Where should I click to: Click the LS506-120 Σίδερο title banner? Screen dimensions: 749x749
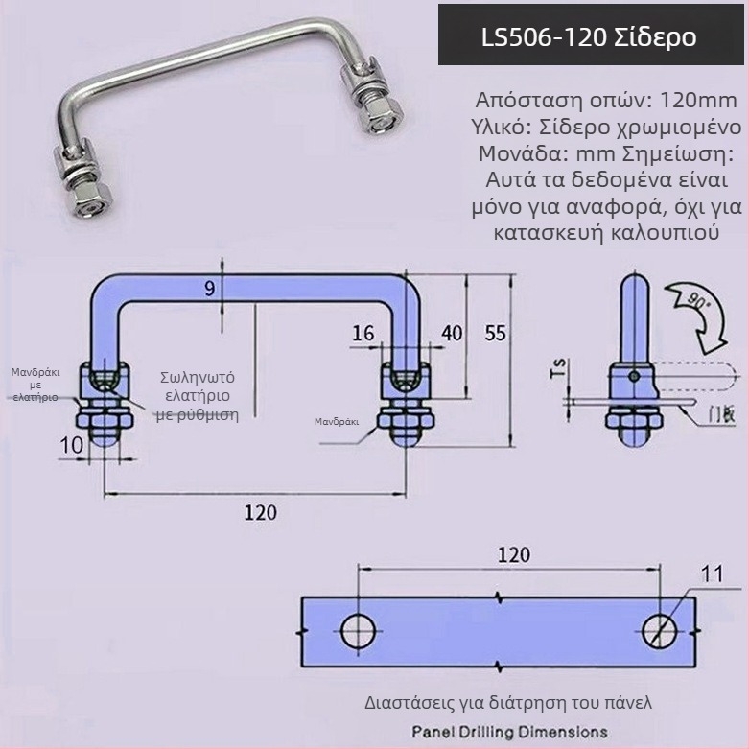coord(591,36)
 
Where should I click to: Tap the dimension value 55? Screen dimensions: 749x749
coord(495,333)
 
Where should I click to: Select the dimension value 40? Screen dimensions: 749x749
coord(451,333)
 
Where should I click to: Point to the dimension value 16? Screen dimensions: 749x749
coord(363,333)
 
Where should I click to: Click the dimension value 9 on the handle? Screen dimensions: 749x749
coord(210,287)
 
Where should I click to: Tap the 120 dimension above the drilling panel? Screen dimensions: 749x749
coord(513,554)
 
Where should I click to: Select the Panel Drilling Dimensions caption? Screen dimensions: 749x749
coord(509,732)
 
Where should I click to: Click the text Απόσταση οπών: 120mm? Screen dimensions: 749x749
coord(605,100)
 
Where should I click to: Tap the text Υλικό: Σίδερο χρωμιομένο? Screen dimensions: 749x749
coord(605,127)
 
